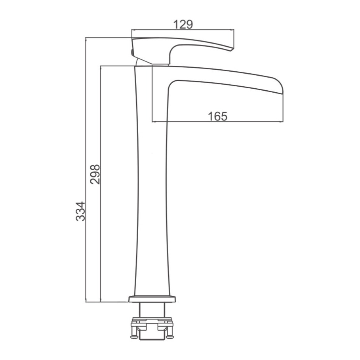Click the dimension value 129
click(183, 25)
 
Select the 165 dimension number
click(218, 116)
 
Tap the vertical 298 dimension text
click(95, 174)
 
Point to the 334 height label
click(80, 211)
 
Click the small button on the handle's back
click(131, 53)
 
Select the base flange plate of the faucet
click(152, 299)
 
